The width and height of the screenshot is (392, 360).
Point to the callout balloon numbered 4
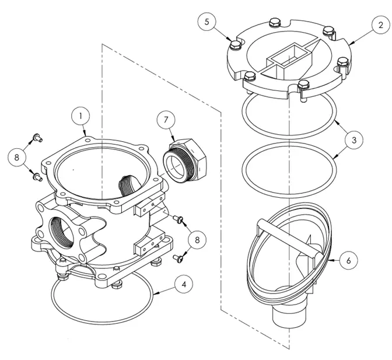pyautogui.click(x=183, y=285)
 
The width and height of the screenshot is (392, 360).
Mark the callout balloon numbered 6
pyautogui.click(x=348, y=261)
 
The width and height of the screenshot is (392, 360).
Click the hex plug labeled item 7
pyautogui.click(x=184, y=158)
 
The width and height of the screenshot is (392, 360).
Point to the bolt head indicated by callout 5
pyautogui.click(x=235, y=45)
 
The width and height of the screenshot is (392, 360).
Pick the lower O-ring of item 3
pyautogui.click(x=288, y=166)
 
